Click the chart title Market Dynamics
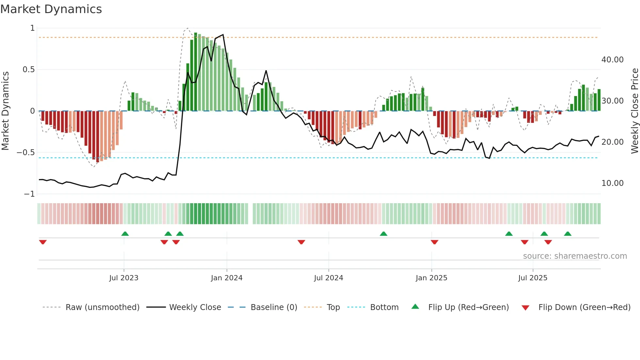[51, 9]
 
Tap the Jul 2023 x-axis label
[124, 278]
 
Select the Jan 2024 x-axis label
[227, 278]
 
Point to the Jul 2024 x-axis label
[328, 278]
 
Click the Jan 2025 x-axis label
[431, 278]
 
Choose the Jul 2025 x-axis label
[533, 278]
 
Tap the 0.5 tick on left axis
[28, 70]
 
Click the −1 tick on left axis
[29, 194]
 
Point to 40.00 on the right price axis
[613, 60]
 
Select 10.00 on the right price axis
[613, 183]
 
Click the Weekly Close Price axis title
[634, 111]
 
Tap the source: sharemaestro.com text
[575, 256]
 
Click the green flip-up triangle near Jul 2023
[125, 234]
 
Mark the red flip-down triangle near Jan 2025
[434, 242]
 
